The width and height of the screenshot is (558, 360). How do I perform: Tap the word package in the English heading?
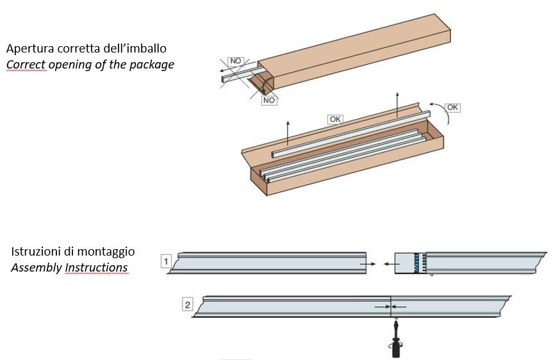point(152,65)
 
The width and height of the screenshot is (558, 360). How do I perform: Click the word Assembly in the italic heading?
point(36,268)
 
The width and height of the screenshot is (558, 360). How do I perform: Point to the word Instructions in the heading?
point(96,268)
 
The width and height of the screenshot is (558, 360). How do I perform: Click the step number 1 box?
point(166,261)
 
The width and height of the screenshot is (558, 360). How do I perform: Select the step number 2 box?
point(187,305)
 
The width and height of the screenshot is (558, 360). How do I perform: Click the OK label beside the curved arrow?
point(452,108)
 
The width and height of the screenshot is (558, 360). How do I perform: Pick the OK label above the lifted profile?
point(334,119)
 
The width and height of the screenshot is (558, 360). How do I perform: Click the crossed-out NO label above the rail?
point(236,61)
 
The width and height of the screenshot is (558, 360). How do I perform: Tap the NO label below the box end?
point(268,101)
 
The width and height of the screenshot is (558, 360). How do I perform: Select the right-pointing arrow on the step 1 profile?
point(366,263)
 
